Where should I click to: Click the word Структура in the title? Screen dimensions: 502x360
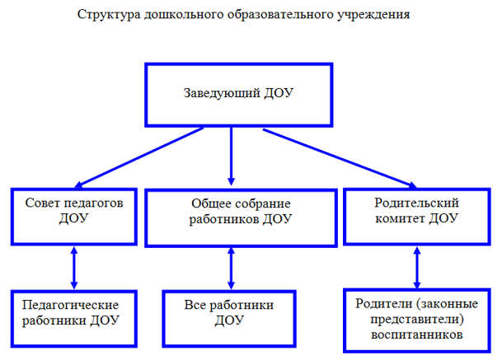109,15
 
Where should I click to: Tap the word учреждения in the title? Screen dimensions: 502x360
373,15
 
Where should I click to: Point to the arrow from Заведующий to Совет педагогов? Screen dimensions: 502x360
139,157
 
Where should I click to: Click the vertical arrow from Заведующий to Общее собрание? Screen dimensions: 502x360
231,157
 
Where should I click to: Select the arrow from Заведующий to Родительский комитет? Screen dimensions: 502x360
340,158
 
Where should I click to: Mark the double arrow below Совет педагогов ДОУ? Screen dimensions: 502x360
74,268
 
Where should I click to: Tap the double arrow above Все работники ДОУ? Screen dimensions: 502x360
231,269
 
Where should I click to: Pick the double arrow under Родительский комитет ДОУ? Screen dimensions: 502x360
417,267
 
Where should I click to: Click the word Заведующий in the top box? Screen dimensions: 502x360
222,93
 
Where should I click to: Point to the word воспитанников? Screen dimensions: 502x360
416,334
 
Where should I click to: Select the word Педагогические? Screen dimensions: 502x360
70,305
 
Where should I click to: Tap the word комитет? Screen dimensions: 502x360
400,218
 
